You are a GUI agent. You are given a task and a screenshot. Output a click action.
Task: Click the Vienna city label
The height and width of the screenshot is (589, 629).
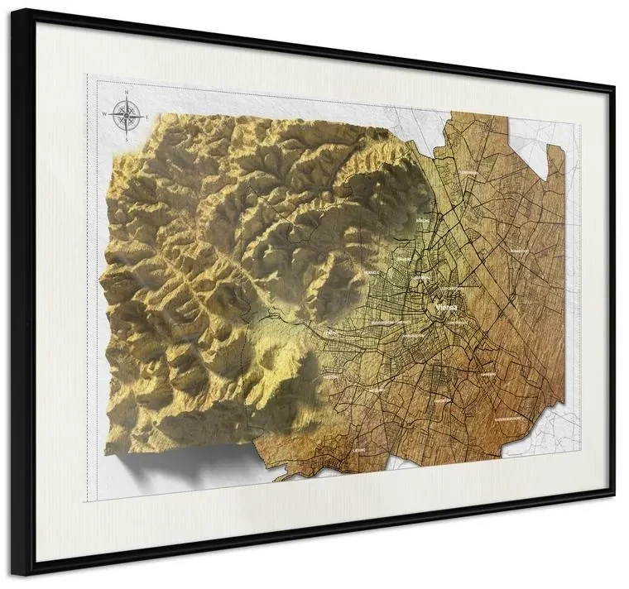445,307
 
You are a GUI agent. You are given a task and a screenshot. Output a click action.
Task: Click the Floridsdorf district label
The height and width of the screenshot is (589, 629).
468,174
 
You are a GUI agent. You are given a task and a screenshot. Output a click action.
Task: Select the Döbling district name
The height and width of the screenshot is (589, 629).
422,222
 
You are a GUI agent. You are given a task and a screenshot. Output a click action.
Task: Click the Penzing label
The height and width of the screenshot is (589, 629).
330,332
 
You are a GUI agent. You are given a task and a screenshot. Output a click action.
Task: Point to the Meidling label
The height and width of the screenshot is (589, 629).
377,389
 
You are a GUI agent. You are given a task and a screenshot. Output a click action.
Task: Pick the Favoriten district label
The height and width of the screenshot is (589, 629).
443,399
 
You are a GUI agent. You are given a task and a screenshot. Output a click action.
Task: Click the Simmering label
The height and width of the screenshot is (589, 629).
488,374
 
